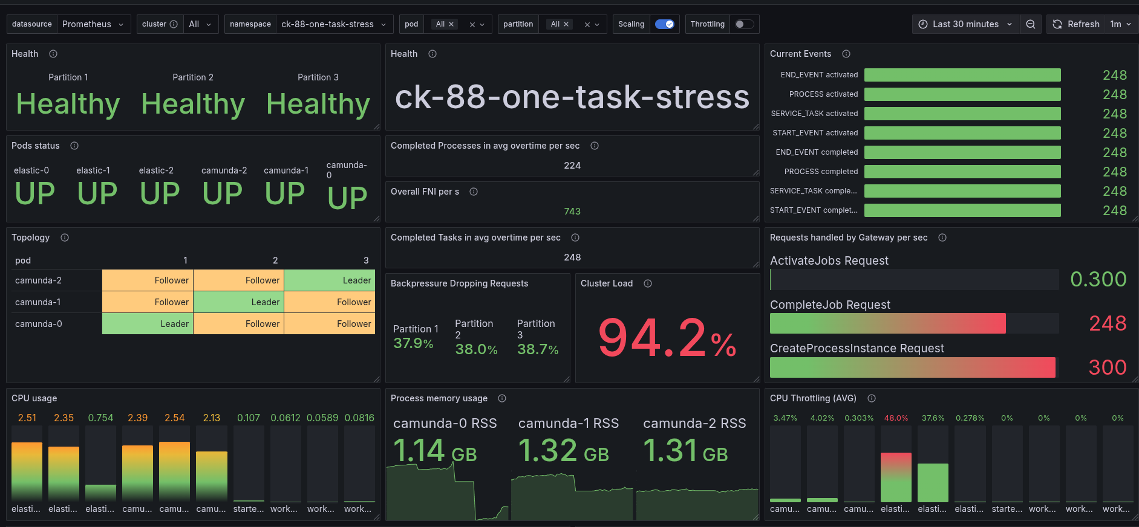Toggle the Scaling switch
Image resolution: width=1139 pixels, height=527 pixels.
(x=664, y=24)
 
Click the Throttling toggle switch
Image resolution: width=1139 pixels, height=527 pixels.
(x=744, y=24)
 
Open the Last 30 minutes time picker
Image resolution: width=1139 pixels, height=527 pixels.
(x=965, y=24)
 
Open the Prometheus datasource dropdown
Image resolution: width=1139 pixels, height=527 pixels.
(x=93, y=24)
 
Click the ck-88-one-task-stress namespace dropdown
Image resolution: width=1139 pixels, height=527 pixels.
(x=333, y=24)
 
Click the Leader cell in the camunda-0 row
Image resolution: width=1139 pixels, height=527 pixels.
(x=148, y=324)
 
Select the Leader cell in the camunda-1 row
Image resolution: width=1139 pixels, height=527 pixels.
(x=239, y=302)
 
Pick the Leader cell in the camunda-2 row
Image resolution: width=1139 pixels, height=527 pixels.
(x=330, y=280)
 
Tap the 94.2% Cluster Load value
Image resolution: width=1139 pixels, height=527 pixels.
(x=667, y=338)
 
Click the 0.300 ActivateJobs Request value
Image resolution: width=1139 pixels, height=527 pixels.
(x=1098, y=279)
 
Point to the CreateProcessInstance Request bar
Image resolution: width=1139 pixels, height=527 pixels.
(x=912, y=367)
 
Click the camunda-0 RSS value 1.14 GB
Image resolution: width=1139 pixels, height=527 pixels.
(x=435, y=451)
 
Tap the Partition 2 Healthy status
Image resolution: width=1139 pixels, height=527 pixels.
(x=193, y=104)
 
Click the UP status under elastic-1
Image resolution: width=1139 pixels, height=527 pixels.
(x=97, y=193)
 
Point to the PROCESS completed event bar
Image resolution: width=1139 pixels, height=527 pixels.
(x=962, y=172)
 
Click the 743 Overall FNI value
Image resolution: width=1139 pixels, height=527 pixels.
(x=572, y=212)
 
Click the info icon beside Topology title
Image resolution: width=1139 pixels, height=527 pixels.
(x=65, y=238)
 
